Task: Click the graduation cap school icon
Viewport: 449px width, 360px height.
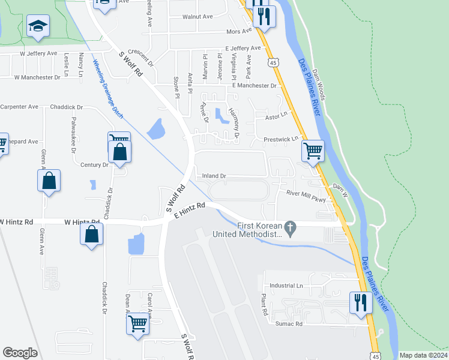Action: click(x=38, y=26)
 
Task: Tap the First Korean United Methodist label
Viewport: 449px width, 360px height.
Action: click(x=259, y=230)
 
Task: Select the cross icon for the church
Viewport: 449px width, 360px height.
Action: click(x=291, y=228)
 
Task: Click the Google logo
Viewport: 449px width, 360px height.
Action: click(x=20, y=353)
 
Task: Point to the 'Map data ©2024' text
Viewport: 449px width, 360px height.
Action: click(x=424, y=355)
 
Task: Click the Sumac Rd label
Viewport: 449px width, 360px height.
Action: click(x=289, y=323)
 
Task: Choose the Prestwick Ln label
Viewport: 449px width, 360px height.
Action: click(x=281, y=139)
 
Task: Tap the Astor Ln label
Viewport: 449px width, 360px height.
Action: click(x=277, y=113)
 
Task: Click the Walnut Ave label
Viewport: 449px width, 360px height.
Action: click(x=197, y=17)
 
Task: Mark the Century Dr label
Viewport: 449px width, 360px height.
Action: click(x=94, y=164)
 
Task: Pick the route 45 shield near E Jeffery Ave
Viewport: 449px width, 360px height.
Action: click(x=273, y=62)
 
